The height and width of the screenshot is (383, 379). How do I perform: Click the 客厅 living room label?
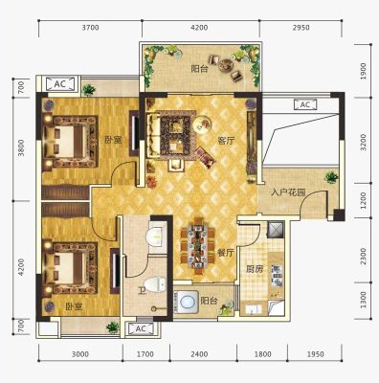click(x=226, y=141)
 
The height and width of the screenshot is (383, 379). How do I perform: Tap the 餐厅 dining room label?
click(x=226, y=253)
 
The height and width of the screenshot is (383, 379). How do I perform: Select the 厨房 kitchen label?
click(x=255, y=269)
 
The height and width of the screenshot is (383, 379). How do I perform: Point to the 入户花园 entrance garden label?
click(x=288, y=192)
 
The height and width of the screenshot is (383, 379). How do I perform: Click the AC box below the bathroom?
click(x=141, y=328)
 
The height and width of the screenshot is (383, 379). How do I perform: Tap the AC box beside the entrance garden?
click(x=305, y=104)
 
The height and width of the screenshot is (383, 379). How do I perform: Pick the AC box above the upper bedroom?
click(x=59, y=84)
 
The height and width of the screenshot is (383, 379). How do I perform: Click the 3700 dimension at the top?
click(x=90, y=28)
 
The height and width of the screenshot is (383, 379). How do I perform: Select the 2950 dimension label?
click(x=301, y=28)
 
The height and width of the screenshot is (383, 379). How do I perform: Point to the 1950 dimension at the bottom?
click(x=315, y=354)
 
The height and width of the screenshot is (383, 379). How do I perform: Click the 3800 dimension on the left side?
click(x=21, y=147)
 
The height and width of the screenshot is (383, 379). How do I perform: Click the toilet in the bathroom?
click(x=155, y=284)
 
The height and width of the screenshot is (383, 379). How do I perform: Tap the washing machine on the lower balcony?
click(x=186, y=302)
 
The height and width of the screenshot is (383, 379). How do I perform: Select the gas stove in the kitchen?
click(x=277, y=275)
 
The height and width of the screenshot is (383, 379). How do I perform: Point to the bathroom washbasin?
click(x=156, y=237)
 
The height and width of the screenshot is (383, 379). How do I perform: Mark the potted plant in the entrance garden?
click(x=331, y=177)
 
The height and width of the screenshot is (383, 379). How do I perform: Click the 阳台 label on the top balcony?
click(x=199, y=69)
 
